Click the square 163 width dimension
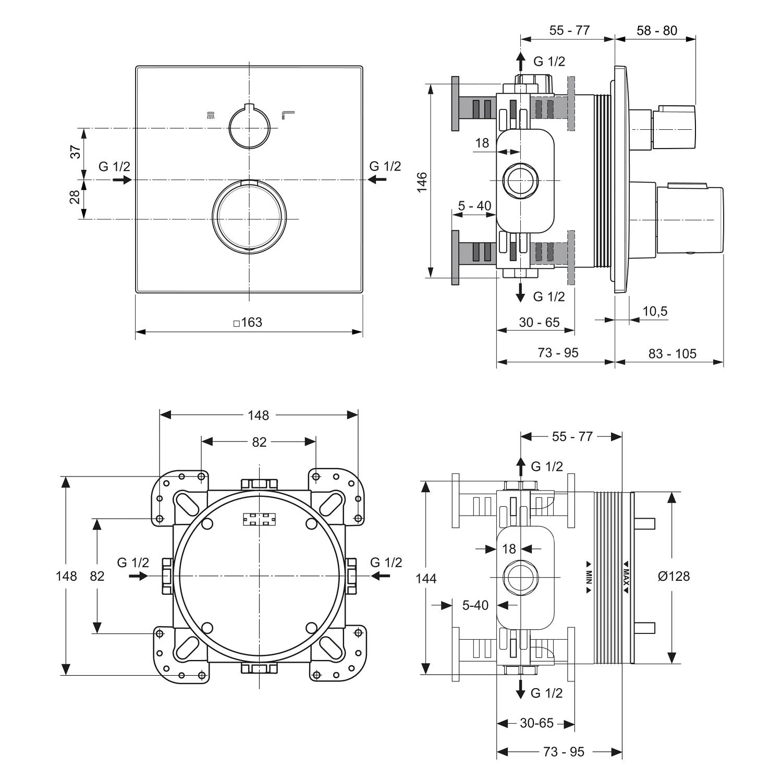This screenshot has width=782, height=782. [x=248, y=323]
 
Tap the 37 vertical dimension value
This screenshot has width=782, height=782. [x=76, y=152]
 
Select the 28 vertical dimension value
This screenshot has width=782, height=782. [x=76, y=197]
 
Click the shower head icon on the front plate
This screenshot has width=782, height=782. [x=211, y=115]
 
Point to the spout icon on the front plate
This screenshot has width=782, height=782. [x=288, y=114]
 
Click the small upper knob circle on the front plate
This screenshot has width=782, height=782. [x=249, y=127]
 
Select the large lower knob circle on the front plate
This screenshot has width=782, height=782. [x=249, y=217]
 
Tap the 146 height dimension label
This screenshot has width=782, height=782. [x=422, y=182]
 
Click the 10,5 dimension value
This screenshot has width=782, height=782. [x=654, y=311]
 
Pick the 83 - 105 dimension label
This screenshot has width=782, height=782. [x=672, y=354]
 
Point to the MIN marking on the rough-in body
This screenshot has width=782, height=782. [x=589, y=577]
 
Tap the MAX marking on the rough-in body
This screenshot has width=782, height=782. [x=626, y=577]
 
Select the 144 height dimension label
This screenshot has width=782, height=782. [x=426, y=578]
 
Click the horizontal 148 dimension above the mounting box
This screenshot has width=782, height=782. [x=258, y=415]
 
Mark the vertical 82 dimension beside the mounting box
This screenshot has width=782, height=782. [x=97, y=576]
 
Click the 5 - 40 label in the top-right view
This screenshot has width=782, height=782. [x=474, y=206]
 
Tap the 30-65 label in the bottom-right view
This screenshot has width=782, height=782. [x=536, y=723]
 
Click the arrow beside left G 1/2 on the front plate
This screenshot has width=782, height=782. [x=122, y=180]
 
